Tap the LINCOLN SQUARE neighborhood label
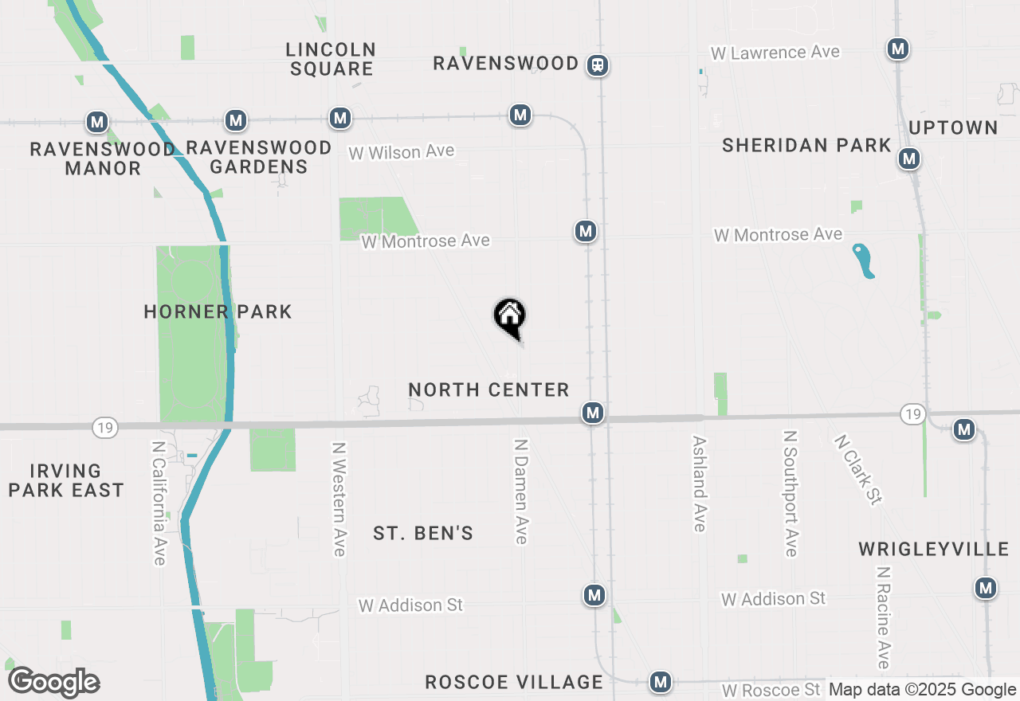point(331,59)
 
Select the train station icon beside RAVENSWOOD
point(598,65)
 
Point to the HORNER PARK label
point(218,311)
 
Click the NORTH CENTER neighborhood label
point(488,390)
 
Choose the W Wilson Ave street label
point(402,151)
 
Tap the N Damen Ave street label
point(521,491)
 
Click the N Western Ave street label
point(339,499)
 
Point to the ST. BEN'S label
point(423,533)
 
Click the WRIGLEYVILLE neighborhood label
point(933,549)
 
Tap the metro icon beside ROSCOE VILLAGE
point(660,682)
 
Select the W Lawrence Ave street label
point(775,53)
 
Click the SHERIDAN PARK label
point(806,145)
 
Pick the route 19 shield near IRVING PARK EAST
point(104,428)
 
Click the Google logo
point(53,683)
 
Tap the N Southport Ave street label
point(790,494)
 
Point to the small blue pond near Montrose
point(863,260)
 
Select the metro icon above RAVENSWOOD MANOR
point(97,122)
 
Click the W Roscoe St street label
point(771,690)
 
